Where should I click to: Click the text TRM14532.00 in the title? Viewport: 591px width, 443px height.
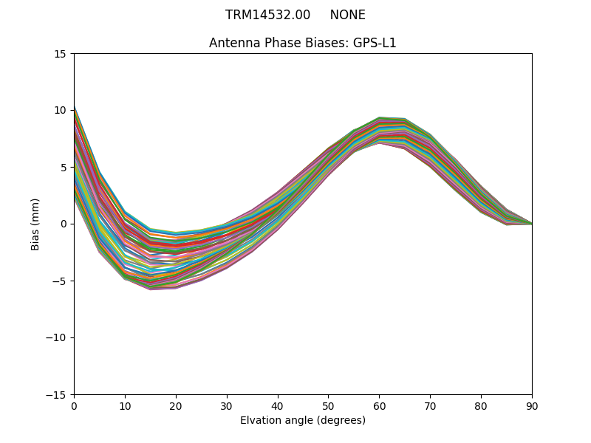(x=267, y=15)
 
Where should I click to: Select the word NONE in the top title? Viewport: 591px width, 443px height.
(x=347, y=15)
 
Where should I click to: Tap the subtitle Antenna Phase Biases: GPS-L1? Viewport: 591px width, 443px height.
(x=303, y=43)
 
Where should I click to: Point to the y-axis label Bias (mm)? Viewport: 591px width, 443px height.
(x=35, y=224)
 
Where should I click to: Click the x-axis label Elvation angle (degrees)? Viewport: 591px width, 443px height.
(x=303, y=421)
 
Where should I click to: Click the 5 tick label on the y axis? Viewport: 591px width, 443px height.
(x=64, y=168)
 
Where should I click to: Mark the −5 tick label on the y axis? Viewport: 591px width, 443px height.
(x=59, y=281)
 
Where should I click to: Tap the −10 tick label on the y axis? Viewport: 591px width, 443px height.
(x=56, y=338)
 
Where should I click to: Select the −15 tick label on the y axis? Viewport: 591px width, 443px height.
(x=56, y=395)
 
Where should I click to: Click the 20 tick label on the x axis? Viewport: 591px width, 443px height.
(x=176, y=406)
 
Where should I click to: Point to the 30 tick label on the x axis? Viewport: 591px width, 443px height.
(x=227, y=406)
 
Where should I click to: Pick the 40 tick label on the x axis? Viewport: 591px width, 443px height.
(x=278, y=406)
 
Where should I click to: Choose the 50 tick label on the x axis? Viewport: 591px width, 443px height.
(x=328, y=406)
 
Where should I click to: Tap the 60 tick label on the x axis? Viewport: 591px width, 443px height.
(x=379, y=406)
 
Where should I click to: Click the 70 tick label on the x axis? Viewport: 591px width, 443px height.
(x=430, y=406)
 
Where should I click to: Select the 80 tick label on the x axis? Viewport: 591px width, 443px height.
(x=481, y=406)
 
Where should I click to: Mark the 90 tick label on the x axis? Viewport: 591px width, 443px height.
(x=532, y=406)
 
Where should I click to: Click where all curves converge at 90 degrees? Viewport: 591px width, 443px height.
(x=531, y=224)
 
